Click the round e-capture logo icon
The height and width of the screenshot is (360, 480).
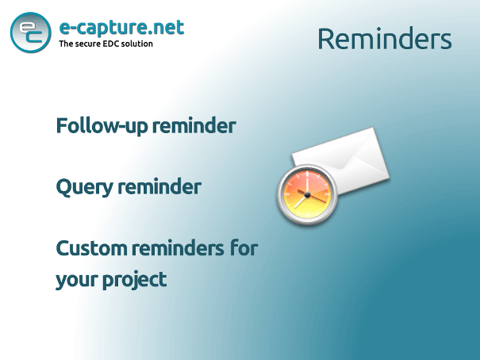(x=31, y=33)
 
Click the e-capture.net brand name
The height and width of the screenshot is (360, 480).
(x=121, y=28)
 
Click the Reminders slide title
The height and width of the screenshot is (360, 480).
(x=385, y=39)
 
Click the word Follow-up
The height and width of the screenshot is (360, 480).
(x=102, y=126)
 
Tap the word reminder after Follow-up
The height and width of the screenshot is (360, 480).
(x=194, y=125)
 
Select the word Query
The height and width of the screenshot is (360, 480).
(x=85, y=187)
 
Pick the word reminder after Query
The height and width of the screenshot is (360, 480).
(x=159, y=186)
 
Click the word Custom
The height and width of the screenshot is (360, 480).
(x=92, y=248)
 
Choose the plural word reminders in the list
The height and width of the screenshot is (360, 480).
(x=179, y=248)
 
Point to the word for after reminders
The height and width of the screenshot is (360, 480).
(x=244, y=247)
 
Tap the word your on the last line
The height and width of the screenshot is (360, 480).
(x=77, y=280)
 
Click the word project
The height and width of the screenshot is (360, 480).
(x=135, y=280)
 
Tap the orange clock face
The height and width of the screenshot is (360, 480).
(x=307, y=195)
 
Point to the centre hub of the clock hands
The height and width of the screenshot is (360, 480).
(x=307, y=195)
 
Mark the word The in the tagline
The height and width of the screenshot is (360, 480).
(x=66, y=44)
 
